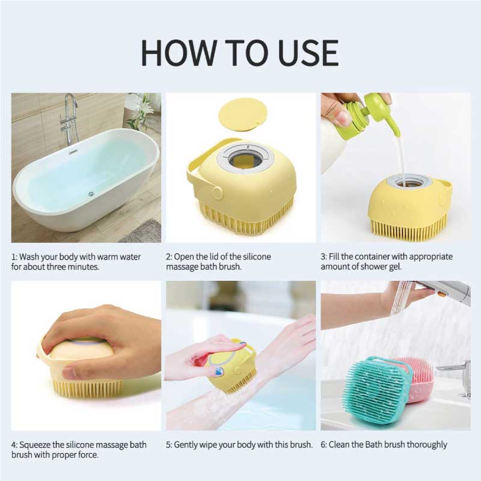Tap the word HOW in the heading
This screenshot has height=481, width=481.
click(x=179, y=52)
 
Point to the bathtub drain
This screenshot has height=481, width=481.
click(x=91, y=194)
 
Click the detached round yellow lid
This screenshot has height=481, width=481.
click(x=242, y=114)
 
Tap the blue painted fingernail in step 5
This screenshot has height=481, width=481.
click(x=218, y=372)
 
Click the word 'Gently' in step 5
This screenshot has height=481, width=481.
click(x=186, y=445)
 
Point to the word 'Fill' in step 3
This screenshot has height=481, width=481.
click(x=334, y=257)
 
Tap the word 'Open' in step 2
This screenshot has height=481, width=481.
click(x=184, y=257)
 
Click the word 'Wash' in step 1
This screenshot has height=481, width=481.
click(x=29, y=257)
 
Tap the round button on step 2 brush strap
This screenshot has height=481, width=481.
click(x=217, y=192)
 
